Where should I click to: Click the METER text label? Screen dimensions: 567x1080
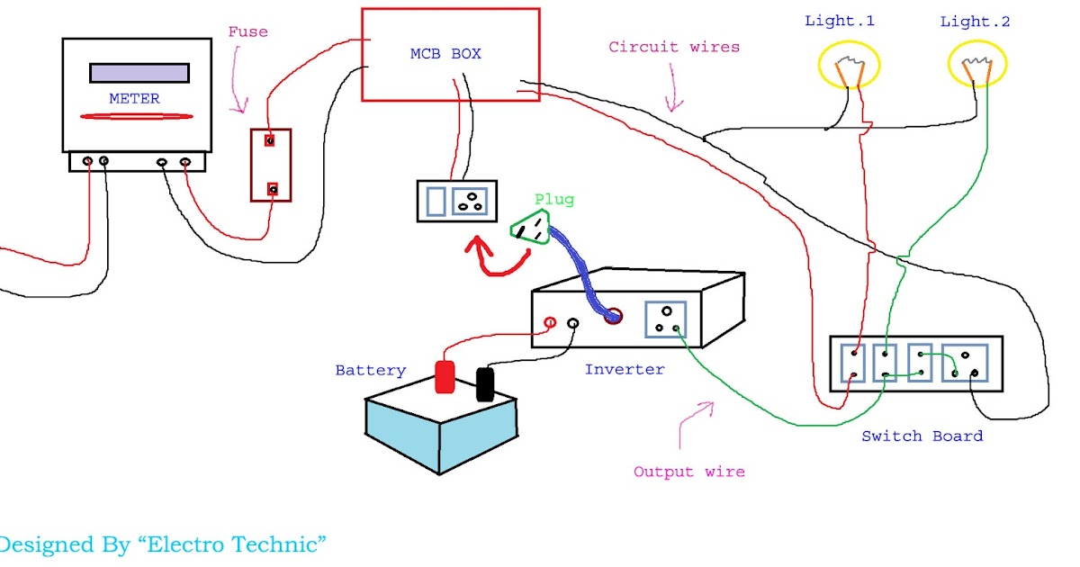pyautogui.click(x=134, y=99)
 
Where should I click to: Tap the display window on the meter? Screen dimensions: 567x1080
pyautogui.click(x=139, y=73)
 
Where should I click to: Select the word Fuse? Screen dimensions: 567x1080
pyautogui.click(x=247, y=31)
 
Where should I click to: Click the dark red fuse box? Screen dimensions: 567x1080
pyautogui.click(x=271, y=165)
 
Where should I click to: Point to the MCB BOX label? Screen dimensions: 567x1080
pyautogui.click(x=445, y=54)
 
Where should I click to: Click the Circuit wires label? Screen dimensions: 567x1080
pyautogui.click(x=674, y=47)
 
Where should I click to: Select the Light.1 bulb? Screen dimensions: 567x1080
pyautogui.click(x=849, y=66)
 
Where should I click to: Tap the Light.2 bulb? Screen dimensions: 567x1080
pyautogui.click(x=977, y=66)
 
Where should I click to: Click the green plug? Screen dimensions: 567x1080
pyautogui.click(x=531, y=227)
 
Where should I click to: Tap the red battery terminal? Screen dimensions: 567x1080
pyautogui.click(x=445, y=377)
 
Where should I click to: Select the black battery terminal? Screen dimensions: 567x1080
pyautogui.click(x=485, y=383)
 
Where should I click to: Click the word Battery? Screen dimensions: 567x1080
pyautogui.click(x=370, y=370)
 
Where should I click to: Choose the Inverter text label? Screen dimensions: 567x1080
pyautogui.click(x=625, y=370)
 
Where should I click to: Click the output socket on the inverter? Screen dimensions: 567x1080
pyautogui.click(x=667, y=319)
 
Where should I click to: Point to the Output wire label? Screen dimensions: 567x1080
pyautogui.click(x=688, y=472)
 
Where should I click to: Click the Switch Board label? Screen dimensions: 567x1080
pyautogui.click(x=922, y=436)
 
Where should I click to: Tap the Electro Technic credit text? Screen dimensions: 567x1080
pyautogui.click(x=162, y=544)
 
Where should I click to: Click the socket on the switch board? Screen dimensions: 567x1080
pyautogui.click(x=971, y=364)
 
